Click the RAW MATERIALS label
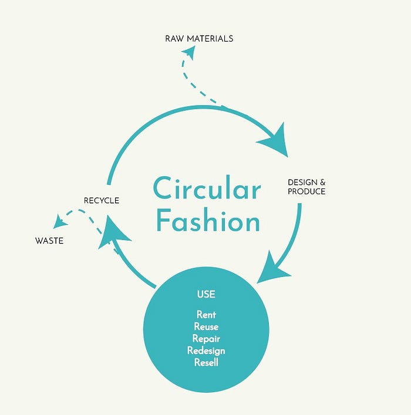point(199,39)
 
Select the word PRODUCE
point(306,191)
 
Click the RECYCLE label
point(101,201)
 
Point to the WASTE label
point(49,241)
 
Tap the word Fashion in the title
point(208,222)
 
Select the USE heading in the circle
point(206,293)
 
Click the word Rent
point(206,315)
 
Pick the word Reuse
point(206,327)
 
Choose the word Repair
point(206,339)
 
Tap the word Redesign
point(206,350)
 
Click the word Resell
point(206,362)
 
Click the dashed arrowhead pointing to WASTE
point(59,222)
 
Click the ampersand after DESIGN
point(322,183)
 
